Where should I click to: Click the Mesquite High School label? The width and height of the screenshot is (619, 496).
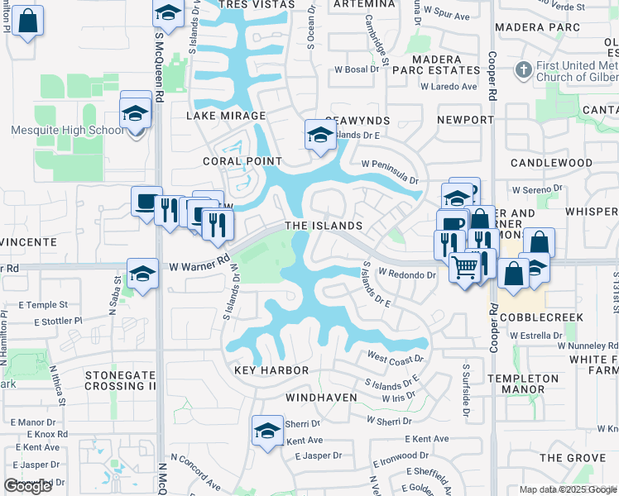tap(55, 130)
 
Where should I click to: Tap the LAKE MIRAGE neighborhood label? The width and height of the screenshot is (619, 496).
tap(226, 117)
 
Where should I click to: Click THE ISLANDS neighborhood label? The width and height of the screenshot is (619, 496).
tap(324, 226)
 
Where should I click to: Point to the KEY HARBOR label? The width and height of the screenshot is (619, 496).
tap(271, 371)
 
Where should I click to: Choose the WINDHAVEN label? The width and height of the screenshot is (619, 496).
tap(321, 398)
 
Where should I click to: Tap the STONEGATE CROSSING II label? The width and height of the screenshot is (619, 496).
tap(121, 380)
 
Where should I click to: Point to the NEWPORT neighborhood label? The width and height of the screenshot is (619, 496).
tap(465, 120)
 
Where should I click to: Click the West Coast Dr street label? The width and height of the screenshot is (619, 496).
tap(395, 359)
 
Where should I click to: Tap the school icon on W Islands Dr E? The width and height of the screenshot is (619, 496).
tap(319, 134)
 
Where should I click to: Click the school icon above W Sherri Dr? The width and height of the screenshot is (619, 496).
tap(267, 431)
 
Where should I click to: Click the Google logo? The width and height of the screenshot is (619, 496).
tap(27, 486)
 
